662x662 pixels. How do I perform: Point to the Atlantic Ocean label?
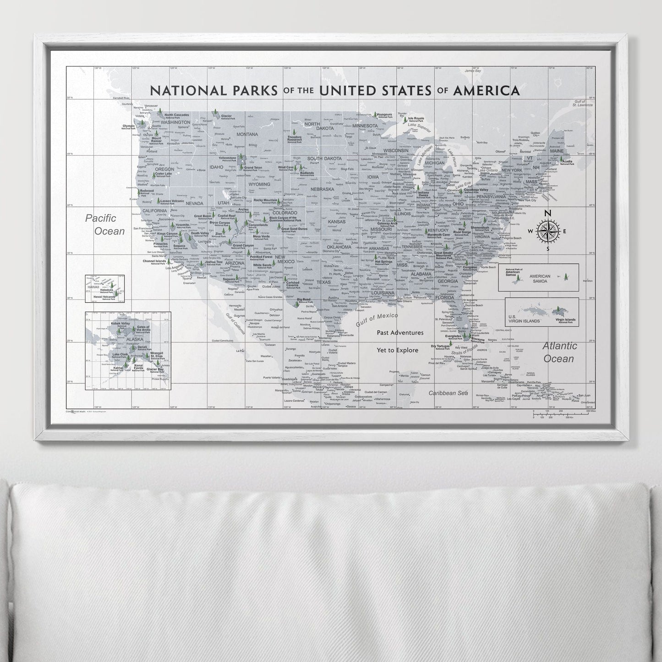coord(559,352)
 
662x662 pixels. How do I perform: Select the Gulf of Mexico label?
coord(377,319)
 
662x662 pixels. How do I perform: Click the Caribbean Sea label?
coord(448,393)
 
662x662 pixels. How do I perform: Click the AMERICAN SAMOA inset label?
coord(540,279)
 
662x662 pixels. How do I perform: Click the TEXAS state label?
coord(323,282)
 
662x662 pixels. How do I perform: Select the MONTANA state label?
coord(247,134)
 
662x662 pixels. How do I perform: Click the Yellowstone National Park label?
coord(228,159)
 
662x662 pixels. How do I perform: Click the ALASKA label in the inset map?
coord(135,339)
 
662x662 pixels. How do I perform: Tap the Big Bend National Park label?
coord(304,300)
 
